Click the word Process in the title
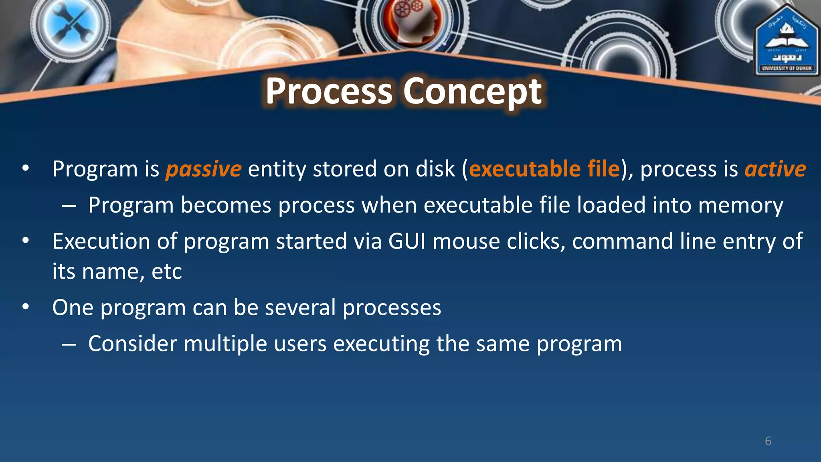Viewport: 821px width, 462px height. point(329,91)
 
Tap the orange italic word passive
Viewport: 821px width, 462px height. point(204,169)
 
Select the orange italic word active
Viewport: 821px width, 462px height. point(775,169)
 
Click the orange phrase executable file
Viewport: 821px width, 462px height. point(544,169)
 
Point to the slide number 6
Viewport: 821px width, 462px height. point(768,441)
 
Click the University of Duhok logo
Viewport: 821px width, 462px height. point(787,42)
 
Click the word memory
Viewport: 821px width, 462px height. point(740,205)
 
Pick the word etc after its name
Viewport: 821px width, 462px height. point(167,272)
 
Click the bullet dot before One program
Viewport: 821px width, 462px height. point(26,307)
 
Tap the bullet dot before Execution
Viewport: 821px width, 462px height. point(26,241)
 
